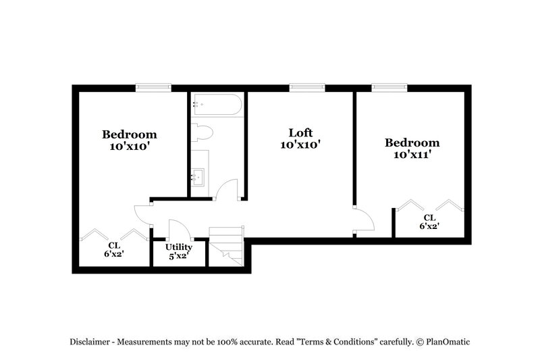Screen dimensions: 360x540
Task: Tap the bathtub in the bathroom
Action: pos(217,105)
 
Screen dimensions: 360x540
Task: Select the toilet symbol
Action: pos(202,132)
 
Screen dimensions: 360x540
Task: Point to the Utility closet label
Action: pos(178,247)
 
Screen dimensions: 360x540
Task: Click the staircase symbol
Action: pos(225,247)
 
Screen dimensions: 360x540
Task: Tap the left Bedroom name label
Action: pos(130,134)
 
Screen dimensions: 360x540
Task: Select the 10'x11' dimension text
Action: pos(412,155)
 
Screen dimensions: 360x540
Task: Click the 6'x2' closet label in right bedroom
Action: pos(429,227)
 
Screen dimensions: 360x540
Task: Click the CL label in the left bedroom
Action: pos(114,245)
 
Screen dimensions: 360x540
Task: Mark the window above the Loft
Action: pos(307,87)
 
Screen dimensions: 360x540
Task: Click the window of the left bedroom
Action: pos(153,87)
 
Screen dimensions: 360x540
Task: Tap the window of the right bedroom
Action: pos(389,87)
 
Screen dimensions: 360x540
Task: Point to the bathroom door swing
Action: pos(228,189)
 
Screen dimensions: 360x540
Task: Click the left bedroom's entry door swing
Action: pos(143,213)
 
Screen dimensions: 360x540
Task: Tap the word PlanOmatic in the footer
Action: pos(446,342)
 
